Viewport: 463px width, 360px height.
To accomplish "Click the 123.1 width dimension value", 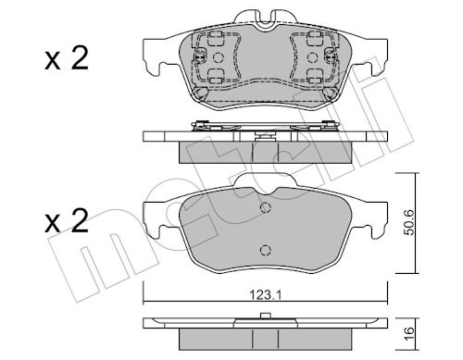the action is [x=266, y=296].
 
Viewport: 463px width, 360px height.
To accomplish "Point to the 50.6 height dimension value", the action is [x=409, y=223].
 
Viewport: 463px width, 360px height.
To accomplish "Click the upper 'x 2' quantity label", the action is [x=67, y=58].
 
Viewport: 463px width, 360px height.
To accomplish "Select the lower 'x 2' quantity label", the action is [x=67, y=220].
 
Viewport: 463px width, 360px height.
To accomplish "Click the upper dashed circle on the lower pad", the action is [x=266, y=208].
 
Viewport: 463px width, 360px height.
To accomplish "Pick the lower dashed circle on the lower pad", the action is [x=266, y=250].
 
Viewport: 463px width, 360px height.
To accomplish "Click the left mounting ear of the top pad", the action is [x=156, y=57].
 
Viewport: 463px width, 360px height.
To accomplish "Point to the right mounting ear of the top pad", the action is [x=375, y=57].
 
